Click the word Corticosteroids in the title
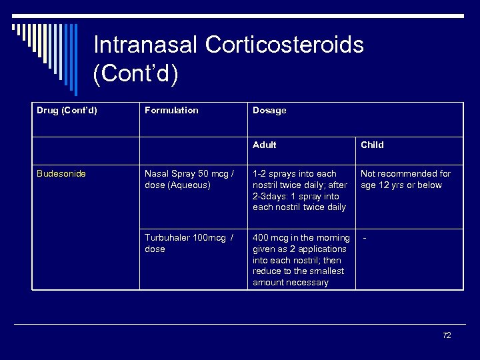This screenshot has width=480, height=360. pos(285,45)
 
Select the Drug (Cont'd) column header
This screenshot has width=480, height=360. pos(67,111)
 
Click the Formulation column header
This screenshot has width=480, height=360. pos(171,111)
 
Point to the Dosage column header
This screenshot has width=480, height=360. pos(269,111)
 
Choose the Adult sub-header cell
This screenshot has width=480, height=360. pos(265,145)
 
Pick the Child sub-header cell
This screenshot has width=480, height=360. pos(372,145)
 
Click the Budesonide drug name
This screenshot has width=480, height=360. pos(61,174)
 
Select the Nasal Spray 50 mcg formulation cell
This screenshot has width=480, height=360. pos(189,179)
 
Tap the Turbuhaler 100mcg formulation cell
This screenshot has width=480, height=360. pos(189,243)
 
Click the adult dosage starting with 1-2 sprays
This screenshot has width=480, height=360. pos(300,191)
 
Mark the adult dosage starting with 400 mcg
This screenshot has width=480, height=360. pos(301,260)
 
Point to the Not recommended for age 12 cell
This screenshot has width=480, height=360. pos(405,179)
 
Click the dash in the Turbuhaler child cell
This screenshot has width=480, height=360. pos(365,238)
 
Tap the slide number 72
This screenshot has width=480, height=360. pos(447,335)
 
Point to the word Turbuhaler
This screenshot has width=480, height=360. pos(169,238)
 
